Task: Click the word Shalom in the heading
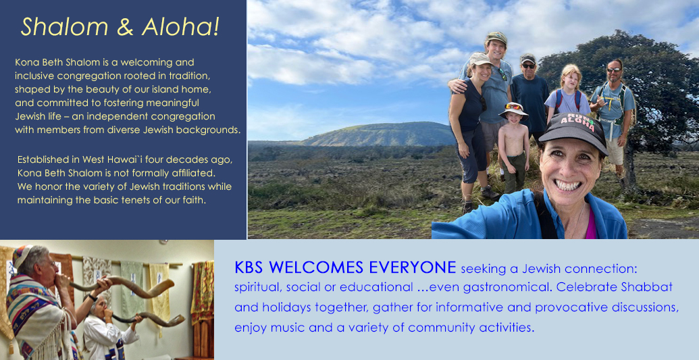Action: tap(64, 27)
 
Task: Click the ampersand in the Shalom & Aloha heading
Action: tap(125, 27)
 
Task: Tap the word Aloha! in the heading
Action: tap(180, 27)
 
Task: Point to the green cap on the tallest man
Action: tap(496, 37)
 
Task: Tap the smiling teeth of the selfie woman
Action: tap(567, 184)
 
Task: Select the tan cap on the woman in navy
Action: tap(480, 59)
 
